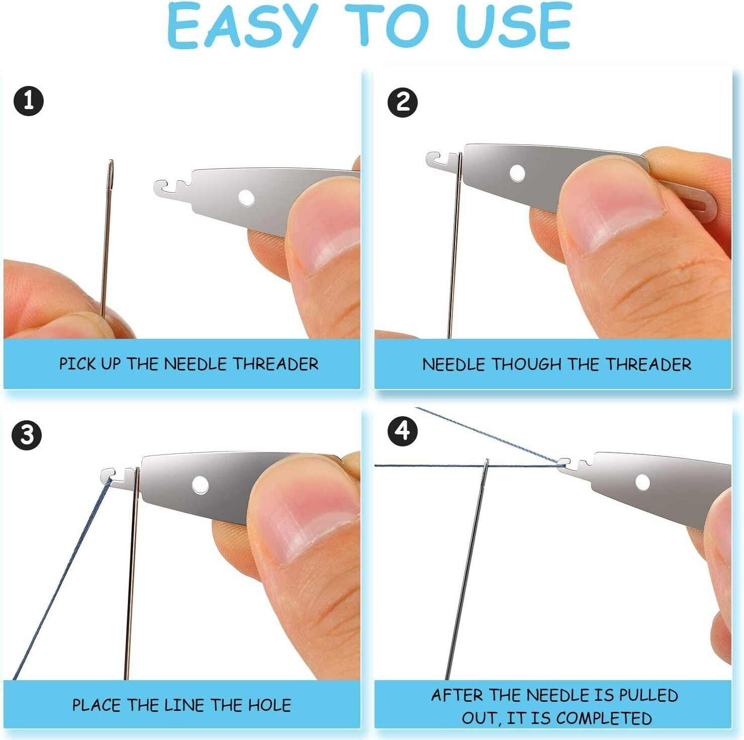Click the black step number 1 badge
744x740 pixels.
(29, 101)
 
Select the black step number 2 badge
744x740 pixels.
(403, 103)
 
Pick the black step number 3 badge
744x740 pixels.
(27, 435)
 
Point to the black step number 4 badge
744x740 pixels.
(403, 431)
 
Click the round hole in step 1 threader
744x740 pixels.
(246, 198)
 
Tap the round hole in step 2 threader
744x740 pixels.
(517, 173)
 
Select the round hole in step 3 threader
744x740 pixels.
(200, 485)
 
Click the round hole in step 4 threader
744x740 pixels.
(642, 482)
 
